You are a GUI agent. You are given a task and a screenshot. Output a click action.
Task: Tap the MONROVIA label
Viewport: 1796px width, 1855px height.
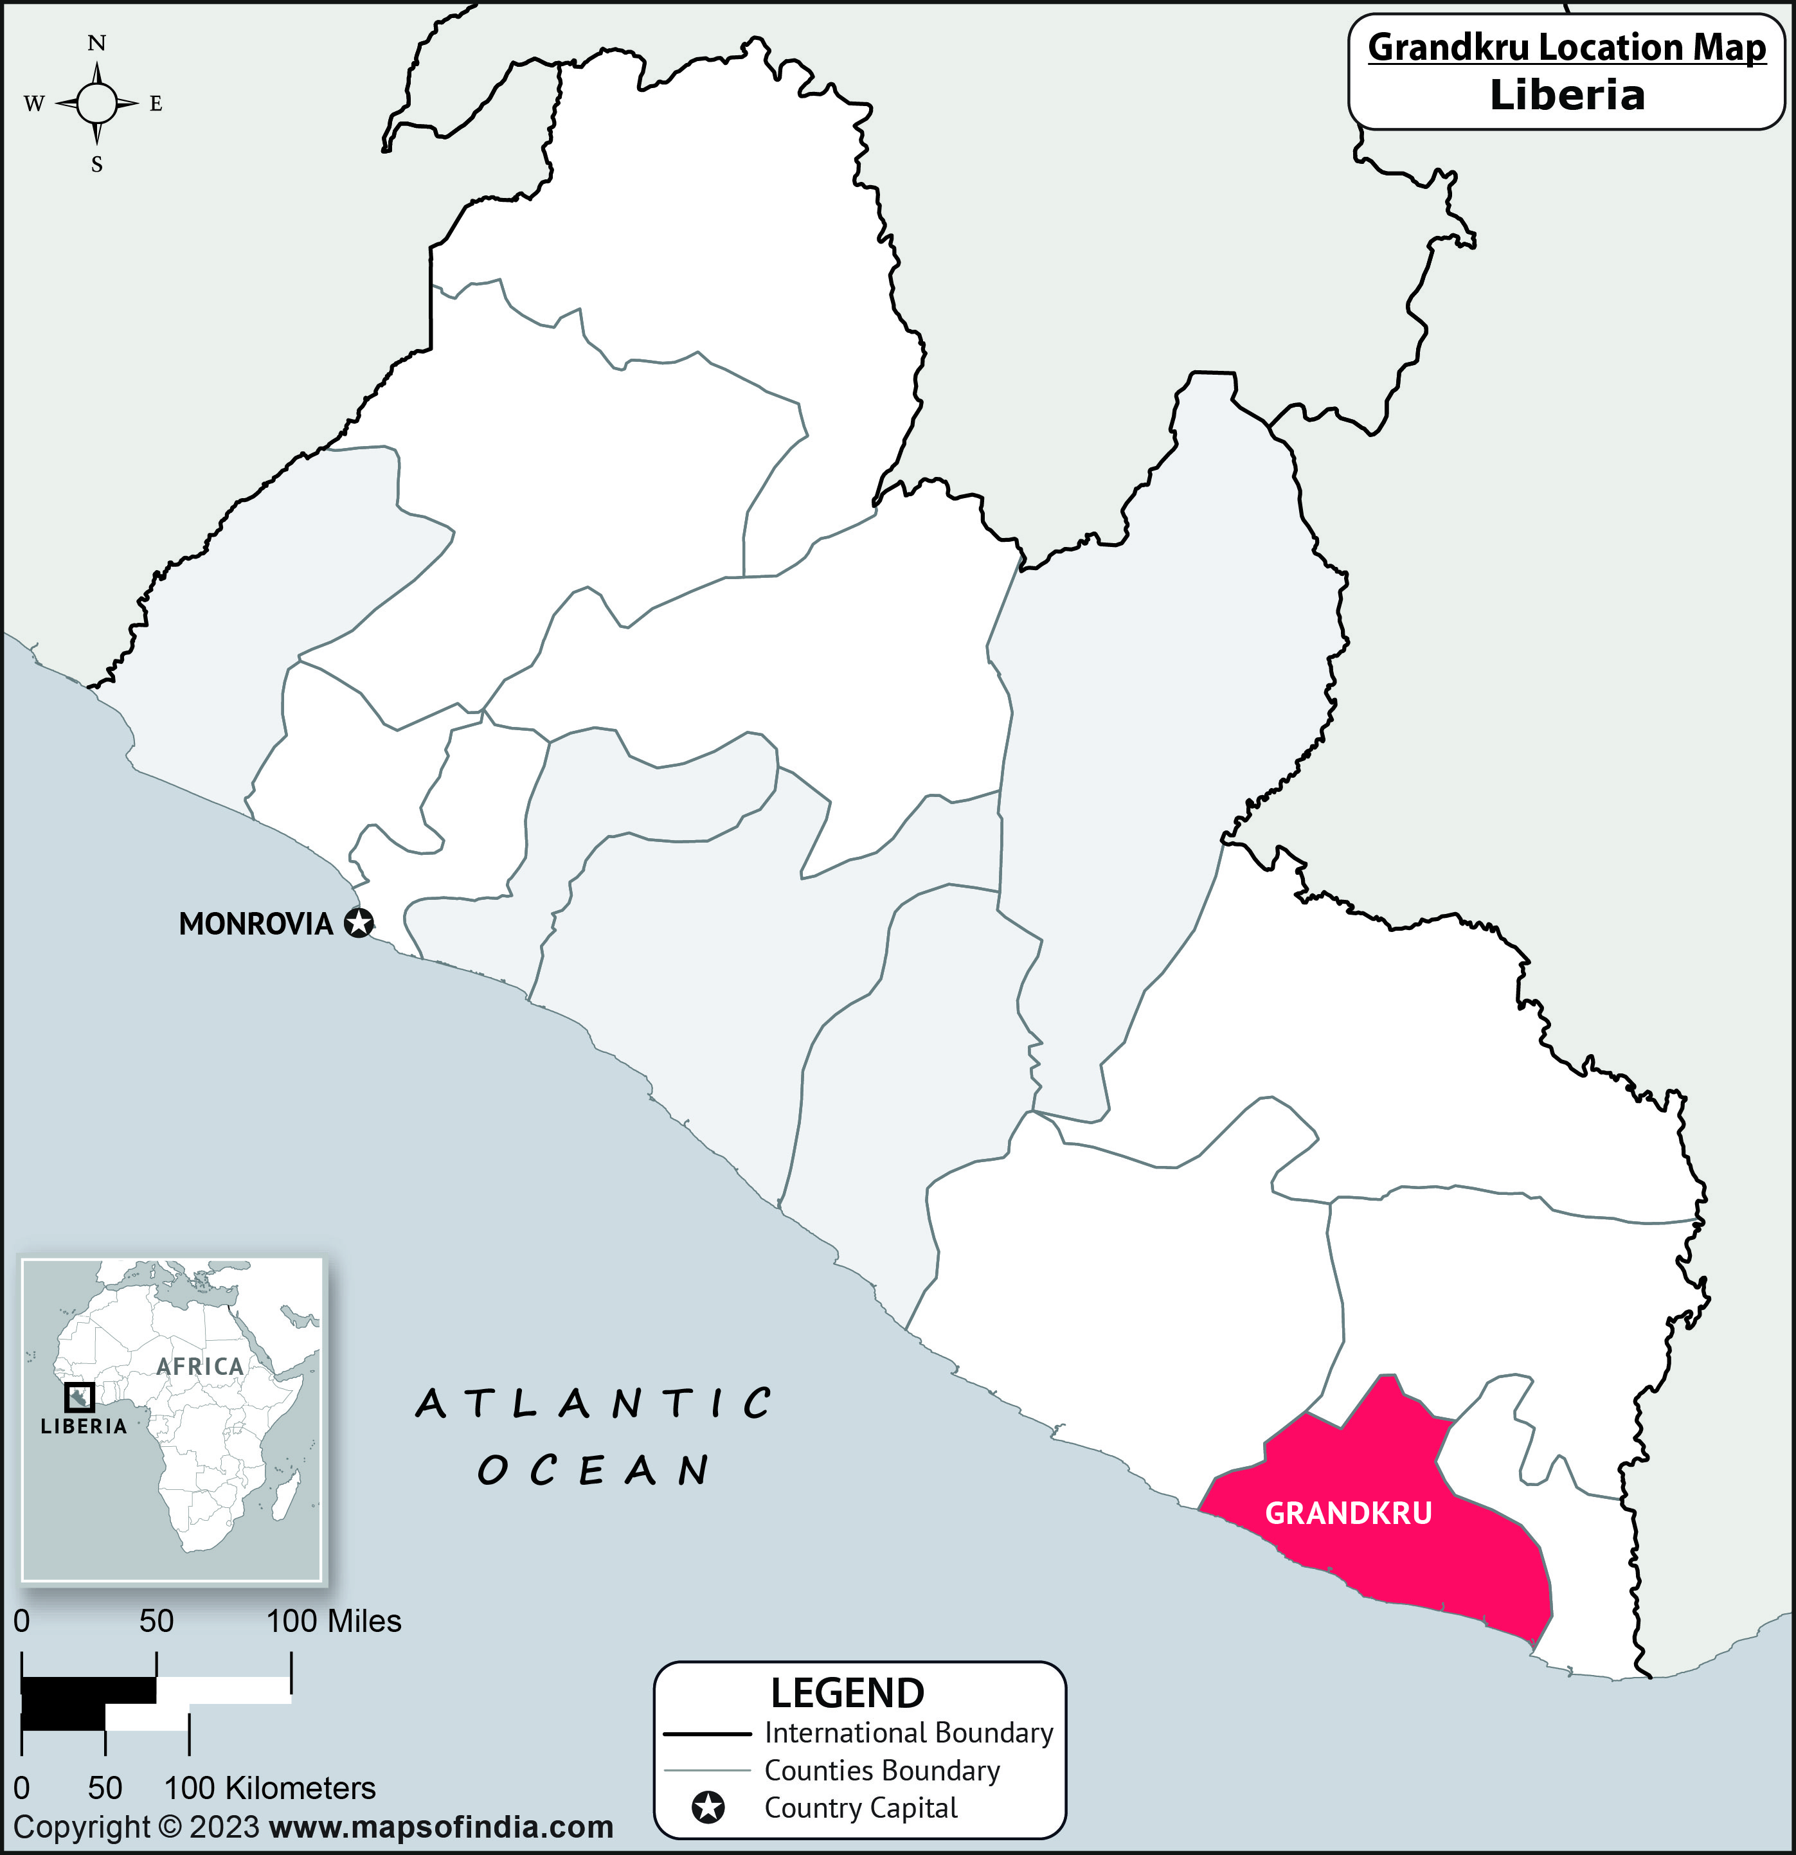pos(255,924)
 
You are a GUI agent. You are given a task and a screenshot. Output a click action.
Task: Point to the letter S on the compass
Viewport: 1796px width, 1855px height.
pos(96,165)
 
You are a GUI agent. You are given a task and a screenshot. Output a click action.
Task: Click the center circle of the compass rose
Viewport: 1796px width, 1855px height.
pos(96,103)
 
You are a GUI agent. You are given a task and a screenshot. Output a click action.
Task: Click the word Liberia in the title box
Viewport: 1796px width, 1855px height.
pos(1567,96)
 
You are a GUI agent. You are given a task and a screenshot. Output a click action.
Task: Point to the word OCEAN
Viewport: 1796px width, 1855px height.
pos(593,1471)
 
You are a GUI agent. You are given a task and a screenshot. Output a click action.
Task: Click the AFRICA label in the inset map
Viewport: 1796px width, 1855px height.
pos(200,1366)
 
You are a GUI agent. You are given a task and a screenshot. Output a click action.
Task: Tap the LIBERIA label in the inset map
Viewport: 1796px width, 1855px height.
pos(84,1426)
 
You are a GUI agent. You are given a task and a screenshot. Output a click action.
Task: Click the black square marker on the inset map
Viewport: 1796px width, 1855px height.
pos(80,1397)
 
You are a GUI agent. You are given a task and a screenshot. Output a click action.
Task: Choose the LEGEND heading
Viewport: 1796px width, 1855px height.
pos(847,1693)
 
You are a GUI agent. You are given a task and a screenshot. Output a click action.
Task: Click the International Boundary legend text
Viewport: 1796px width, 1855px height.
pos(908,1733)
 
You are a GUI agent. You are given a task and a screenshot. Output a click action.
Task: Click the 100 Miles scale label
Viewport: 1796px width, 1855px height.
pos(333,1621)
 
